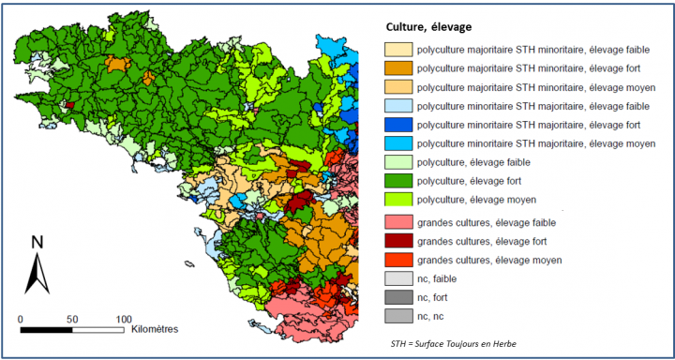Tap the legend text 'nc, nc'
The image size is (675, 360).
pos(432,317)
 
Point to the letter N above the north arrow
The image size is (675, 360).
pos(37,242)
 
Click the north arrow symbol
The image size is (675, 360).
pos(37,274)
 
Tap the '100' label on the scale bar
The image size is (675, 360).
pos(122,320)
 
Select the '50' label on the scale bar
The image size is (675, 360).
pos(72,320)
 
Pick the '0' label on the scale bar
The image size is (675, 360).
pos(21,320)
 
